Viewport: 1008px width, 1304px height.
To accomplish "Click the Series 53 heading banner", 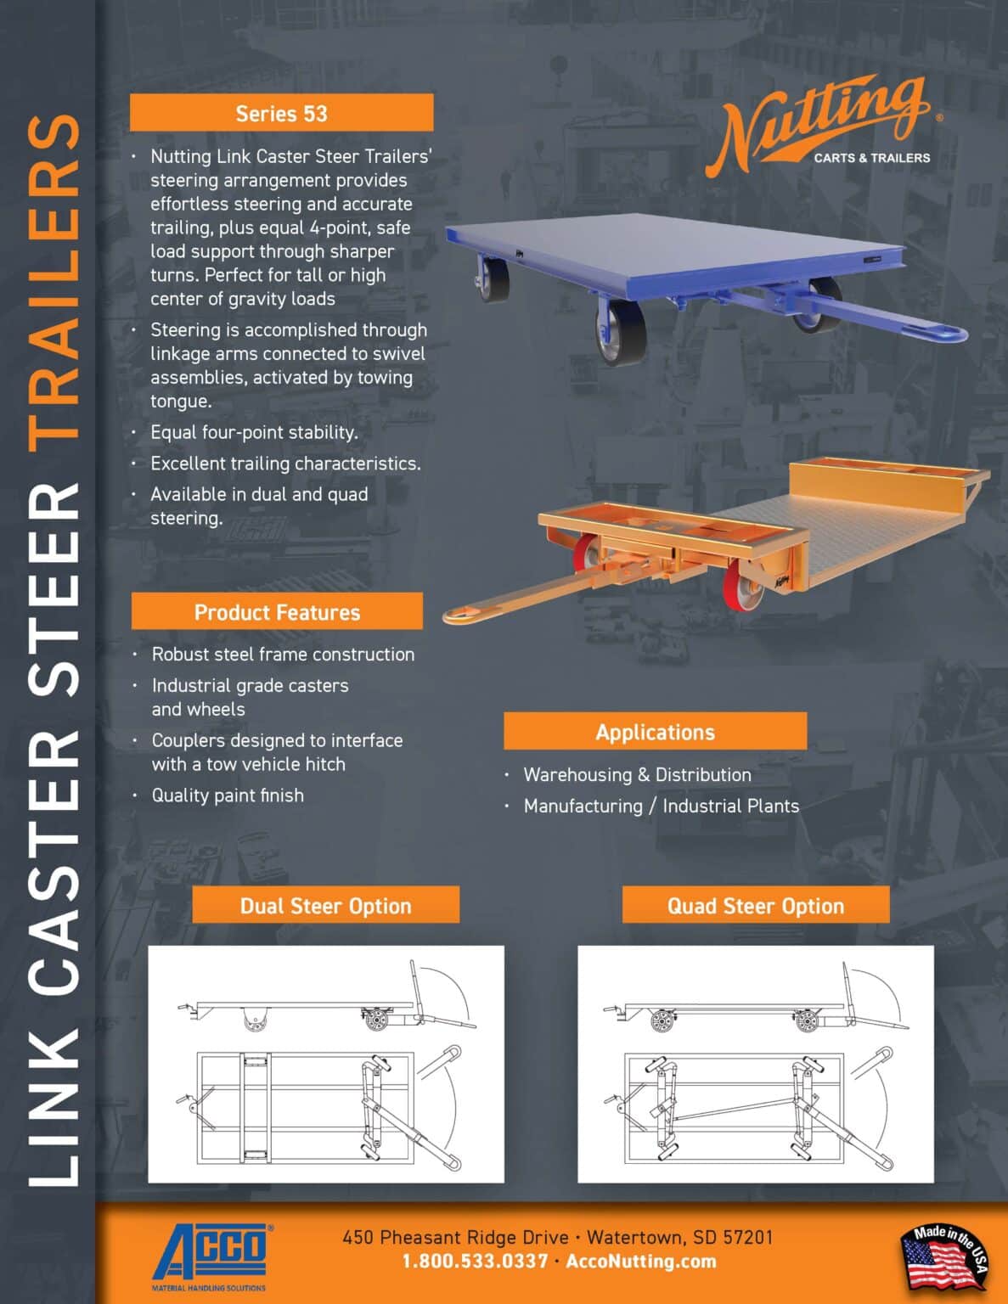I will [281, 113].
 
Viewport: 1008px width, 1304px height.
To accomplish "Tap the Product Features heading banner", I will [277, 611].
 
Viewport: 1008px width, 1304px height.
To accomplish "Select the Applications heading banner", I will [655, 731].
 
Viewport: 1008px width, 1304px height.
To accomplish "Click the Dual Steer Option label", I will [325, 905].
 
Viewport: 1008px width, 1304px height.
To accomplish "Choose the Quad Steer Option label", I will [755, 905].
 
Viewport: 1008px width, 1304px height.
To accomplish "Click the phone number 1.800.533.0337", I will [475, 1262].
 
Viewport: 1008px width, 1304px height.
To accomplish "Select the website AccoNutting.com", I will [641, 1262].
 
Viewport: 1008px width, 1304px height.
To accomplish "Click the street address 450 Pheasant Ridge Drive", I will [455, 1237].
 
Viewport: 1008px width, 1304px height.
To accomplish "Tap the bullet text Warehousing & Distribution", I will [637, 774].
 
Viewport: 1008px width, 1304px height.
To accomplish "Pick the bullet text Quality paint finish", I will [228, 795].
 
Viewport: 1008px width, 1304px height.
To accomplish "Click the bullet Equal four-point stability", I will [254, 432].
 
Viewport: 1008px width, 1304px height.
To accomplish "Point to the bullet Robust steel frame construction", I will [283, 654].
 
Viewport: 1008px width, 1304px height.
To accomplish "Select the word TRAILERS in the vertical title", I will [53, 280].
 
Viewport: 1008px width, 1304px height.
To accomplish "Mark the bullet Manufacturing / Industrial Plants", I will [661, 806].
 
